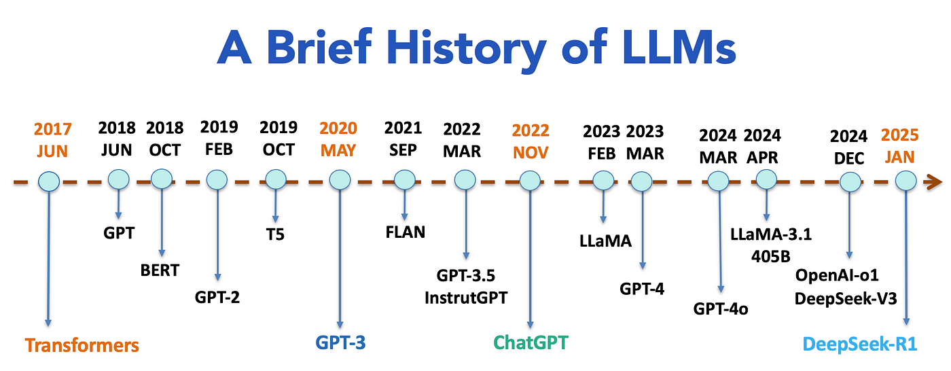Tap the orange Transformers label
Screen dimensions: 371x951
point(82,344)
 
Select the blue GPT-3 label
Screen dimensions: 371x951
point(340,342)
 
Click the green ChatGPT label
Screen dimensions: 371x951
point(530,342)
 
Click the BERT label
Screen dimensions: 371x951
point(160,270)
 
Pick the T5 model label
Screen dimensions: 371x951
point(275,235)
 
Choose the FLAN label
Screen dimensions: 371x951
point(405,232)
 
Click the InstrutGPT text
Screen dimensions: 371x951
point(466,297)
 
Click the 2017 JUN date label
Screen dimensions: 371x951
point(52,139)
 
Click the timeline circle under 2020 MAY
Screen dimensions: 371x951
point(339,180)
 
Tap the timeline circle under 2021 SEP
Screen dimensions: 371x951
point(403,179)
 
